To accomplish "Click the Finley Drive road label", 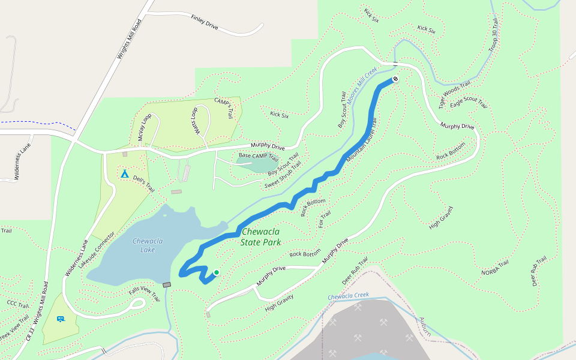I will click(205, 23).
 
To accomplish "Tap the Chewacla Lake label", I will click(148, 245).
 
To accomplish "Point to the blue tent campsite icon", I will click(124, 173).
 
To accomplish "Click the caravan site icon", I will click(60, 319).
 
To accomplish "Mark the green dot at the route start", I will click(216, 272).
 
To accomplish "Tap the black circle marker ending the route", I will click(395, 79).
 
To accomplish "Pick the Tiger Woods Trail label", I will click(454, 95).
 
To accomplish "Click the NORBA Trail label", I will click(495, 268).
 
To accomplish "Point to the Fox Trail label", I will click(325, 219).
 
